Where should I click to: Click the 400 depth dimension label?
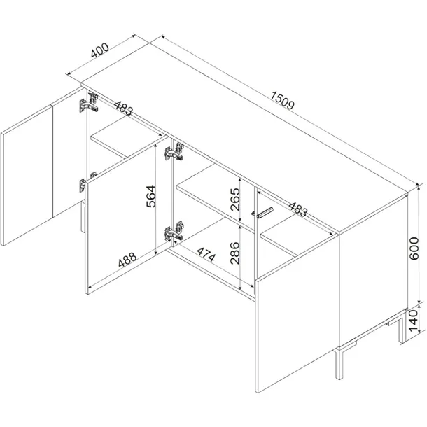pos(100,50)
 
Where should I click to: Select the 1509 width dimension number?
pos(283,100)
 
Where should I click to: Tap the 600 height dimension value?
pos(414,248)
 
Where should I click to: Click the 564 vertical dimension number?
pos(150,196)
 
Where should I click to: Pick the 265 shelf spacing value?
pos(234,199)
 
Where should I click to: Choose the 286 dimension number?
pos(234,253)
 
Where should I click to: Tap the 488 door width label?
pos(127,259)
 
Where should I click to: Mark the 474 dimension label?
pos(206,255)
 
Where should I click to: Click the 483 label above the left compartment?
pos(124,108)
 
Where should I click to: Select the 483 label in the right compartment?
pos(298,209)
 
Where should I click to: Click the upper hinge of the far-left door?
pos(88,103)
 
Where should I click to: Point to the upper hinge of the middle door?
pos(174,152)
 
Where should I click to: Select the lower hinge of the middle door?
pos(174,231)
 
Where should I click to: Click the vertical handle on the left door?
pos(83,216)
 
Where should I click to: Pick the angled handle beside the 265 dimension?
pos(262,213)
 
